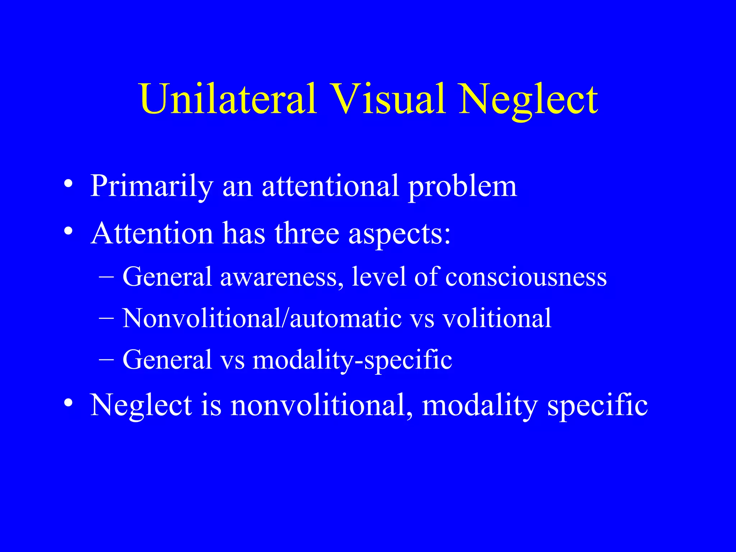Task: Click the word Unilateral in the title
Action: pos(228,99)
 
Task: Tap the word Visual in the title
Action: pos(388,99)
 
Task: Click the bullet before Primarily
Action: pos(68,184)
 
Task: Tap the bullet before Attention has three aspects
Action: pos(68,231)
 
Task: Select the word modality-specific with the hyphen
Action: pos(352,360)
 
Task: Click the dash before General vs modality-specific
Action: pos(106,359)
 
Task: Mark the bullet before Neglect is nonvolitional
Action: pos(68,403)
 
